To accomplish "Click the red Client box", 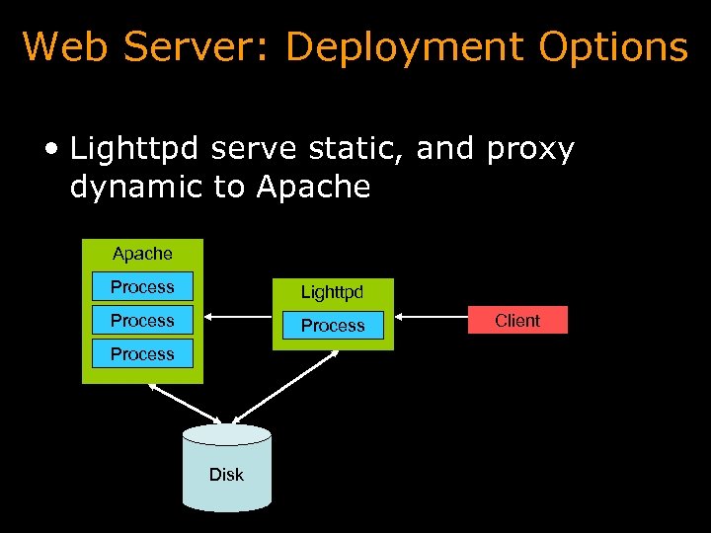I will click(x=517, y=320).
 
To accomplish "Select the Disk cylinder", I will click(x=226, y=469).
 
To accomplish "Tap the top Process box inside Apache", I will click(x=142, y=287).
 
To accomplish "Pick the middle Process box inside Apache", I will click(x=142, y=321).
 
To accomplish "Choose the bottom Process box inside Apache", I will click(x=142, y=354).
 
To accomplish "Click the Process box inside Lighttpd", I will click(x=333, y=326).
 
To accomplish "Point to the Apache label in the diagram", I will click(x=142, y=254).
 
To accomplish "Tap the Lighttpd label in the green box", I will click(x=333, y=292).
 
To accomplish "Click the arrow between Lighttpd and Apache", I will click(x=239, y=318).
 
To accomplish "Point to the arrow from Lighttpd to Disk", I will click(x=286, y=387).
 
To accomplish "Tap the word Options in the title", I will click(x=613, y=46).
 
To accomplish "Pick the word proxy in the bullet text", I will click(x=530, y=151).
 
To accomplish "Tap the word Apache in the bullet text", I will click(x=313, y=187).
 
